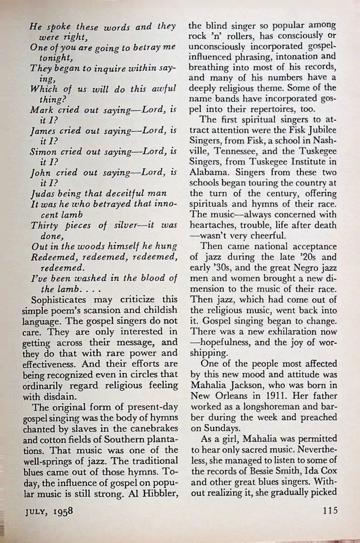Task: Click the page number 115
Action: click(x=328, y=511)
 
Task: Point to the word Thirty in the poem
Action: click(x=45, y=226)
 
